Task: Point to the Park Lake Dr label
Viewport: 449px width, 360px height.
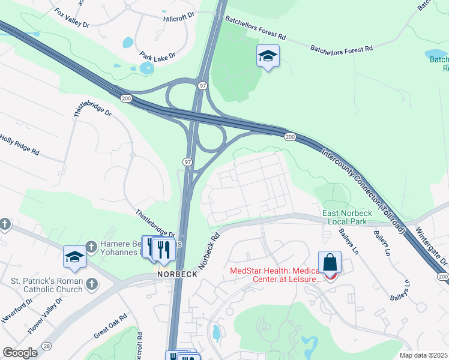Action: (x=157, y=56)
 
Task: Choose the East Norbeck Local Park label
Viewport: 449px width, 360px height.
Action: (x=348, y=217)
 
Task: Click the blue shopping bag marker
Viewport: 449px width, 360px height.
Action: (x=330, y=262)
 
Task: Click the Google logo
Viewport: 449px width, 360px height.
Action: (x=20, y=353)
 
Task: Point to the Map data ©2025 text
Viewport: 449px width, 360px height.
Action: (x=423, y=355)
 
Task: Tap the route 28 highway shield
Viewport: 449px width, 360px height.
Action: (x=46, y=346)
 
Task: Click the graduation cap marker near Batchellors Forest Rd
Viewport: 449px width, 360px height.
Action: (x=268, y=56)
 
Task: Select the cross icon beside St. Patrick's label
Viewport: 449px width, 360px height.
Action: (x=92, y=283)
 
